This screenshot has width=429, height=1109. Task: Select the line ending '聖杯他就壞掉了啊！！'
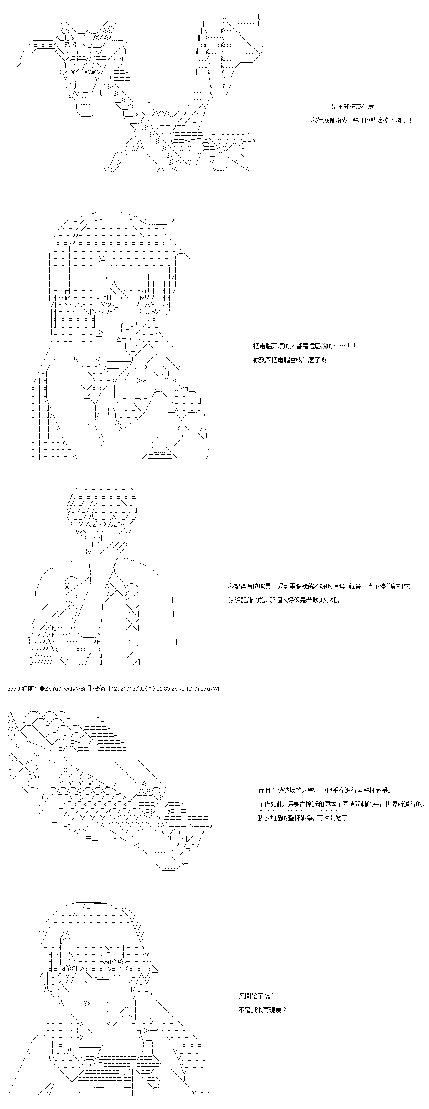tap(362, 120)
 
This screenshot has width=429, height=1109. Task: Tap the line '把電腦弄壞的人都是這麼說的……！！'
tap(305, 346)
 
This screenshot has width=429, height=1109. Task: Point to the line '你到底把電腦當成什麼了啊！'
tap(293, 360)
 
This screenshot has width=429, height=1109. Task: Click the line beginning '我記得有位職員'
tap(321, 586)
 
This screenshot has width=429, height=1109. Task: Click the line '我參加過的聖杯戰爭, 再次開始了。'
tap(305, 817)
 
